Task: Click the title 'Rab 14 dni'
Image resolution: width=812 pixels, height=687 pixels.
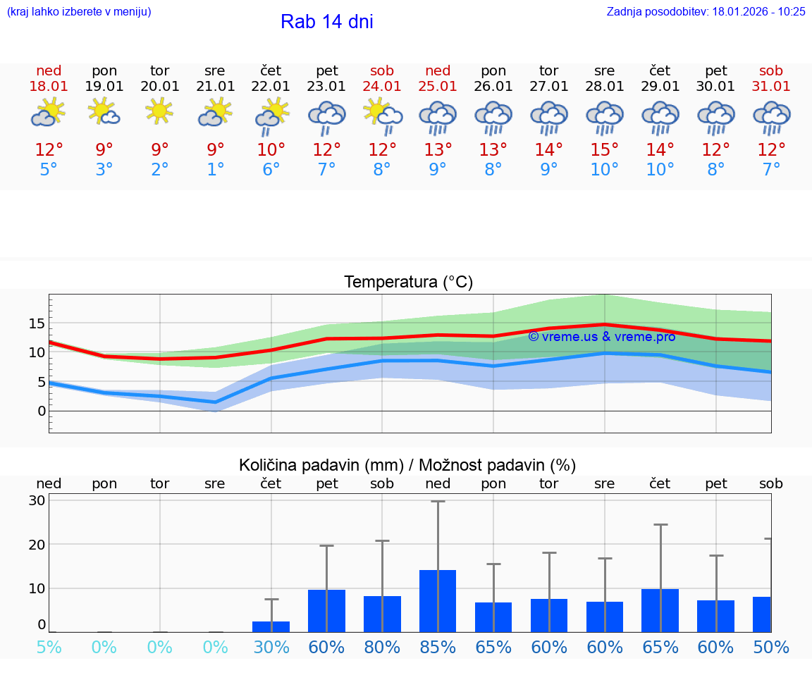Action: [326, 22]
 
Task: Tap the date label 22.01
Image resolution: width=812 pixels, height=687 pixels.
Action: [271, 87]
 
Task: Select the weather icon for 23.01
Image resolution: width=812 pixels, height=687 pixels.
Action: [326, 117]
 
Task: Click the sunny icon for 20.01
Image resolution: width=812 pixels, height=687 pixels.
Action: [160, 111]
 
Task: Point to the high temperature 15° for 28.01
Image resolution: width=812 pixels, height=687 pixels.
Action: [604, 150]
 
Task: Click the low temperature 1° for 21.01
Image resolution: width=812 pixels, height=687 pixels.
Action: [215, 170]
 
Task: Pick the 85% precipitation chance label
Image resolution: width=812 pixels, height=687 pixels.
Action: [438, 647]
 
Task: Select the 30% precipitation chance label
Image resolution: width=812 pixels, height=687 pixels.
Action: [271, 647]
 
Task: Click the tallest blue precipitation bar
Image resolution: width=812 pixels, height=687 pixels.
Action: [438, 601]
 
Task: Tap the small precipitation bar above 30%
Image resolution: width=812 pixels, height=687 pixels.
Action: [271, 626]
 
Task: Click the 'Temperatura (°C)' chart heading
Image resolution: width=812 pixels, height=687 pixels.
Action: [408, 283]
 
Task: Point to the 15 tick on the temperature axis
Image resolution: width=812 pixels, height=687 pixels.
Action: [37, 323]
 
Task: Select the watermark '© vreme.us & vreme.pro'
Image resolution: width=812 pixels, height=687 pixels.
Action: [601, 337]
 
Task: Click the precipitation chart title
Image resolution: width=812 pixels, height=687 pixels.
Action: [407, 465]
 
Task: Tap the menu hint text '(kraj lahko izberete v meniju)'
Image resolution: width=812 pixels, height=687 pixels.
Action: [79, 12]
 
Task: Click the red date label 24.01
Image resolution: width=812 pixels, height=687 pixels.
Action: [382, 87]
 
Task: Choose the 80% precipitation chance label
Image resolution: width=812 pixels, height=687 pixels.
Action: [382, 647]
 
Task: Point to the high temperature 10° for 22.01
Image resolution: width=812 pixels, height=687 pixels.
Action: [271, 150]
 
